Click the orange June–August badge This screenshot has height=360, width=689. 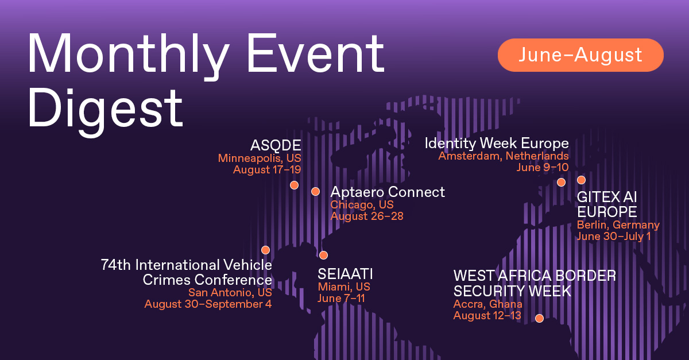(580, 55)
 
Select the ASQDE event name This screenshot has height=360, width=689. (276, 145)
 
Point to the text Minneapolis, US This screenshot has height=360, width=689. (260, 158)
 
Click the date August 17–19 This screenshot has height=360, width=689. (267, 169)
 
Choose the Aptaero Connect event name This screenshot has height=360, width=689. (388, 192)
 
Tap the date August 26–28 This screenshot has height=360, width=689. (367, 216)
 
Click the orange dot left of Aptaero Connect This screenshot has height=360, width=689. (315, 191)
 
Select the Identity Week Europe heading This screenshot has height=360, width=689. (497, 144)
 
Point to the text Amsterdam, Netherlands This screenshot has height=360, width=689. (504, 156)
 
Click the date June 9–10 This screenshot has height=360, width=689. (543, 168)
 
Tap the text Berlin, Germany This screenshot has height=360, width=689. (618, 225)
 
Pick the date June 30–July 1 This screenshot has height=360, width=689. (614, 237)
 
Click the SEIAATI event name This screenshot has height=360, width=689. (345, 274)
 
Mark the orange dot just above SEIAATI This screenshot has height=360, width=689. (323, 255)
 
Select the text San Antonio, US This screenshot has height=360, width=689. (230, 293)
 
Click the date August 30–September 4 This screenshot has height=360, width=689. (208, 304)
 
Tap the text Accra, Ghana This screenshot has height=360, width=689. (488, 304)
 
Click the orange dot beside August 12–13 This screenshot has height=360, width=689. (539, 318)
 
